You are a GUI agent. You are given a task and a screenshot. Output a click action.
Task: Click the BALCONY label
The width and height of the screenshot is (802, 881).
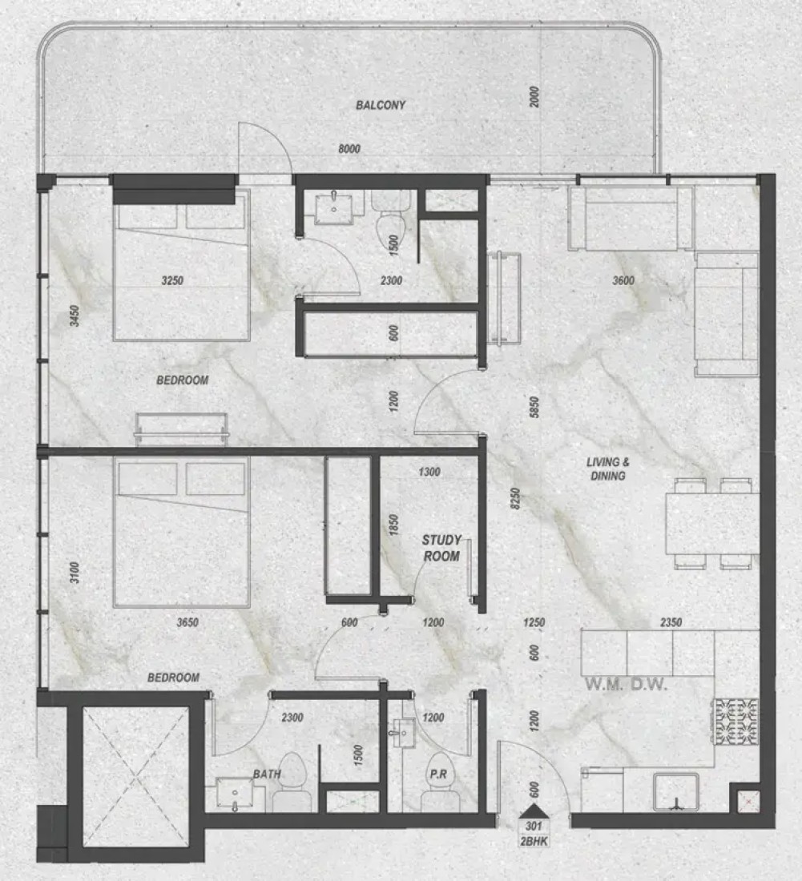pyautogui.click(x=381, y=105)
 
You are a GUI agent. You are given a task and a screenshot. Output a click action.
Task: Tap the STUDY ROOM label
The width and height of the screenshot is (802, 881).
pyautogui.click(x=441, y=548)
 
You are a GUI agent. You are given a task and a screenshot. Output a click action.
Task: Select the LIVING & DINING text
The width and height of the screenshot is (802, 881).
pyautogui.click(x=607, y=469)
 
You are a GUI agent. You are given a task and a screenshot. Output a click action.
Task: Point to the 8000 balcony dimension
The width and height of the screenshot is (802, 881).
pyautogui.click(x=349, y=149)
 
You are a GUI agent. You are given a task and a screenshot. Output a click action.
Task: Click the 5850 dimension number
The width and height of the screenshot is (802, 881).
pyautogui.click(x=534, y=408)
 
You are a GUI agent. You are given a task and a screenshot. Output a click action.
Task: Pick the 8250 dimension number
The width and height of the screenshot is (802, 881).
pyautogui.click(x=515, y=498)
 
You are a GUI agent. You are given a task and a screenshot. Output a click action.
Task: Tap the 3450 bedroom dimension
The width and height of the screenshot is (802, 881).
pyautogui.click(x=75, y=316)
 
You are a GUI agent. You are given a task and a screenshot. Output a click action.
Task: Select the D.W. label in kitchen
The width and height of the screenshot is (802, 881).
pyautogui.click(x=649, y=684)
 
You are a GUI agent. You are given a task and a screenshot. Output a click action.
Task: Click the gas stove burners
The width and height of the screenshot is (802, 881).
pyautogui.click(x=736, y=722)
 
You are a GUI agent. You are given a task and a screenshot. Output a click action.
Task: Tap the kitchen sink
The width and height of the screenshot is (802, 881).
pyautogui.click(x=676, y=791)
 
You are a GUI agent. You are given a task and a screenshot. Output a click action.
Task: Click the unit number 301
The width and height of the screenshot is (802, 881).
pyautogui.click(x=534, y=826)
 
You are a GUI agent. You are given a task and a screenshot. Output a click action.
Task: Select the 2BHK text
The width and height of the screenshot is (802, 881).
pyautogui.click(x=534, y=841)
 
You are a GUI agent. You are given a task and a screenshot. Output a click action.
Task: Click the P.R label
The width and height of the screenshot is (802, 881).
pyautogui.click(x=438, y=774)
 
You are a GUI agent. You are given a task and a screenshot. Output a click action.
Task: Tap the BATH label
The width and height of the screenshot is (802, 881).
pyautogui.click(x=267, y=774)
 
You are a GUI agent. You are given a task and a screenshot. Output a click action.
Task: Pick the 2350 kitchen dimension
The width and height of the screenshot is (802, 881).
pyautogui.click(x=671, y=622)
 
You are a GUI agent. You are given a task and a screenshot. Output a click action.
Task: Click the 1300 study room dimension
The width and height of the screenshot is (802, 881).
pyautogui.click(x=429, y=472)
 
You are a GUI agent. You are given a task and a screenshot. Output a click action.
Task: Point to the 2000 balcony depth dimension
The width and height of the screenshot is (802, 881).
pyautogui.click(x=534, y=97)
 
